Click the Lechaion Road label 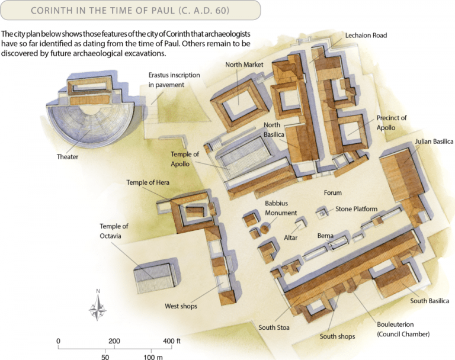pos(366,36)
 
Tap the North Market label pos(244,65)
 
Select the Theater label pos(68,157)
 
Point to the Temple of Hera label pos(148,182)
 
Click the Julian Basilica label pos(434,142)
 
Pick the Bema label pos(325,236)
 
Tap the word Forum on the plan pos(332,192)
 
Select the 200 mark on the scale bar pos(114,341)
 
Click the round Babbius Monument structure pos(265,228)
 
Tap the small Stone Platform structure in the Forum pos(322,213)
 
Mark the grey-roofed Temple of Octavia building pos(155,278)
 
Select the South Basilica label pos(430,301)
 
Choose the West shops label pos(181,306)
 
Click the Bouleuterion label pos(395,324)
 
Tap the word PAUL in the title pos(163,11)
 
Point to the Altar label pos(290,237)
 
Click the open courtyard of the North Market pos(239,101)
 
